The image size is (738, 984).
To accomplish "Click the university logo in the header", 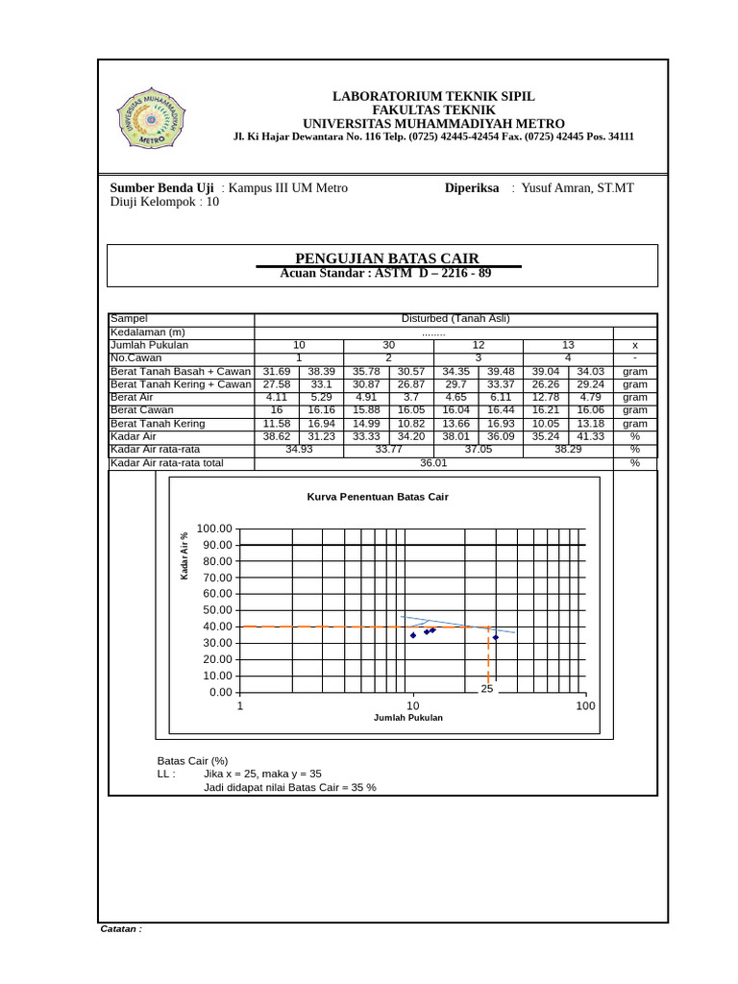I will point(152,121).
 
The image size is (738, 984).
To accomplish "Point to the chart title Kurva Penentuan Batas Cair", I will point(378,497).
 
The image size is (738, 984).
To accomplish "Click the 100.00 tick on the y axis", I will point(214,529).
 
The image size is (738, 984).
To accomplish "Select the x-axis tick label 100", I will point(585,706).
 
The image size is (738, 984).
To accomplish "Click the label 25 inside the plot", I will point(487,689).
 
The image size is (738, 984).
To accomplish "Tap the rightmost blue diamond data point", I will point(495,637).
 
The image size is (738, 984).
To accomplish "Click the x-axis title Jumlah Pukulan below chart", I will point(408,718).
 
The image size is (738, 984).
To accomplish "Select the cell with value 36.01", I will point(434,462).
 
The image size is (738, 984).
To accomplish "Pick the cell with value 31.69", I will point(276,371).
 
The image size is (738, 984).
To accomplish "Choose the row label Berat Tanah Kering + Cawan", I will point(181,384).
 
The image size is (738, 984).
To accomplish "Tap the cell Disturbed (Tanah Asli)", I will point(455,318).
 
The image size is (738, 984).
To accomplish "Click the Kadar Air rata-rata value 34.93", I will point(299,449).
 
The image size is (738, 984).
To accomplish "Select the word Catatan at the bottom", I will point(121,929).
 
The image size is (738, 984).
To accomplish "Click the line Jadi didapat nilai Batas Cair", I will point(289,786).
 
